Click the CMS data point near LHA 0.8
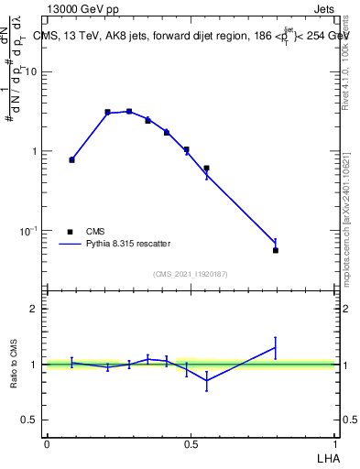[276, 250]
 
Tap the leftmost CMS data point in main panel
[71, 159]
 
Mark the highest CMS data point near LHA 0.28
[129, 111]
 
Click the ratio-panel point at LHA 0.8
[276, 347]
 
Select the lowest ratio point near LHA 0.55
[207, 380]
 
